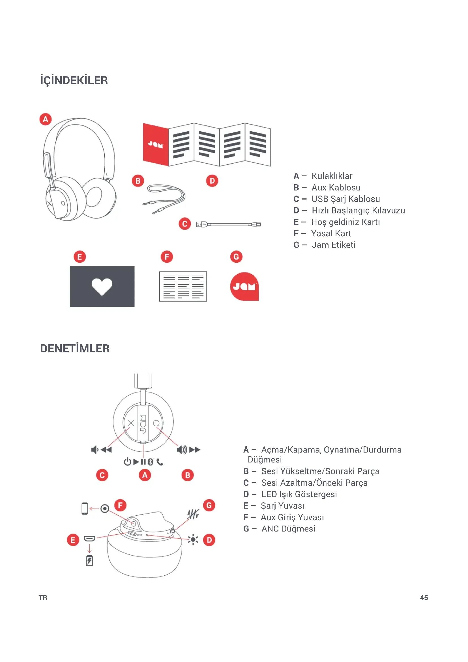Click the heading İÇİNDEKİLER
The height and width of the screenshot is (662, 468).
tap(74, 80)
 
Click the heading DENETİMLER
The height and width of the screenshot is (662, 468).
tap(75, 348)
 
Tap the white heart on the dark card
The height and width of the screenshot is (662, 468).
tap(102, 287)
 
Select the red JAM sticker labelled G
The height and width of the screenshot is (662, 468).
tap(244, 287)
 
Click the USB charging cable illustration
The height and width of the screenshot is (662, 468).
tap(228, 224)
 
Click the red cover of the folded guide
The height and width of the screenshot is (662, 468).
tap(156, 144)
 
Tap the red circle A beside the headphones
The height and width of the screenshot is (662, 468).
tap(46, 119)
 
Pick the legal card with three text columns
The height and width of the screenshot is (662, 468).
tap(183, 287)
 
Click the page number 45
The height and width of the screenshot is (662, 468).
tap(424, 597)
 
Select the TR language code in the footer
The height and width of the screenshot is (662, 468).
tap(43, 597)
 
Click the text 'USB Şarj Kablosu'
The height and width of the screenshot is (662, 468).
tap(345, 199)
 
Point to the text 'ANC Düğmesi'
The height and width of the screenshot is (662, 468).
tap(288, 528)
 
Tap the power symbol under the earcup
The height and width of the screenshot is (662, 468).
tap(127, 462)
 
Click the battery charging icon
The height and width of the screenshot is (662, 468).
tap(89, 560)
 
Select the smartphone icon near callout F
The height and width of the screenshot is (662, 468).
tap(85, 508)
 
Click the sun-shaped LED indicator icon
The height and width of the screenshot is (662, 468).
tap(193, 539)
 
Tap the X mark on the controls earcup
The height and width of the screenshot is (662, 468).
tap(131, 423)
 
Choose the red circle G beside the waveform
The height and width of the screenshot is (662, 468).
tap(209, 505)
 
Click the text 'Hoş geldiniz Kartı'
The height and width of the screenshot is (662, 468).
tap(345, 222)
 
